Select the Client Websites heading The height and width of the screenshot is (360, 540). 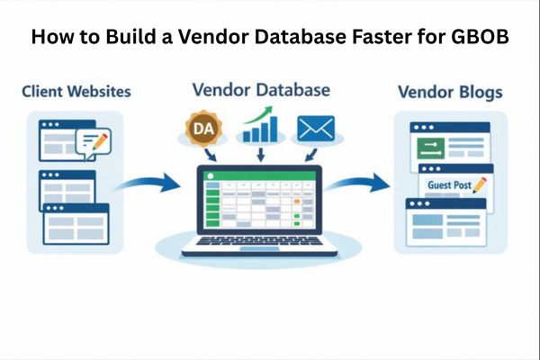click(75, 91)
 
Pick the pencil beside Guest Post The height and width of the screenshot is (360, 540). click(479, 184)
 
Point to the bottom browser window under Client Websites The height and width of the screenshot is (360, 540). click(75, 222)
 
